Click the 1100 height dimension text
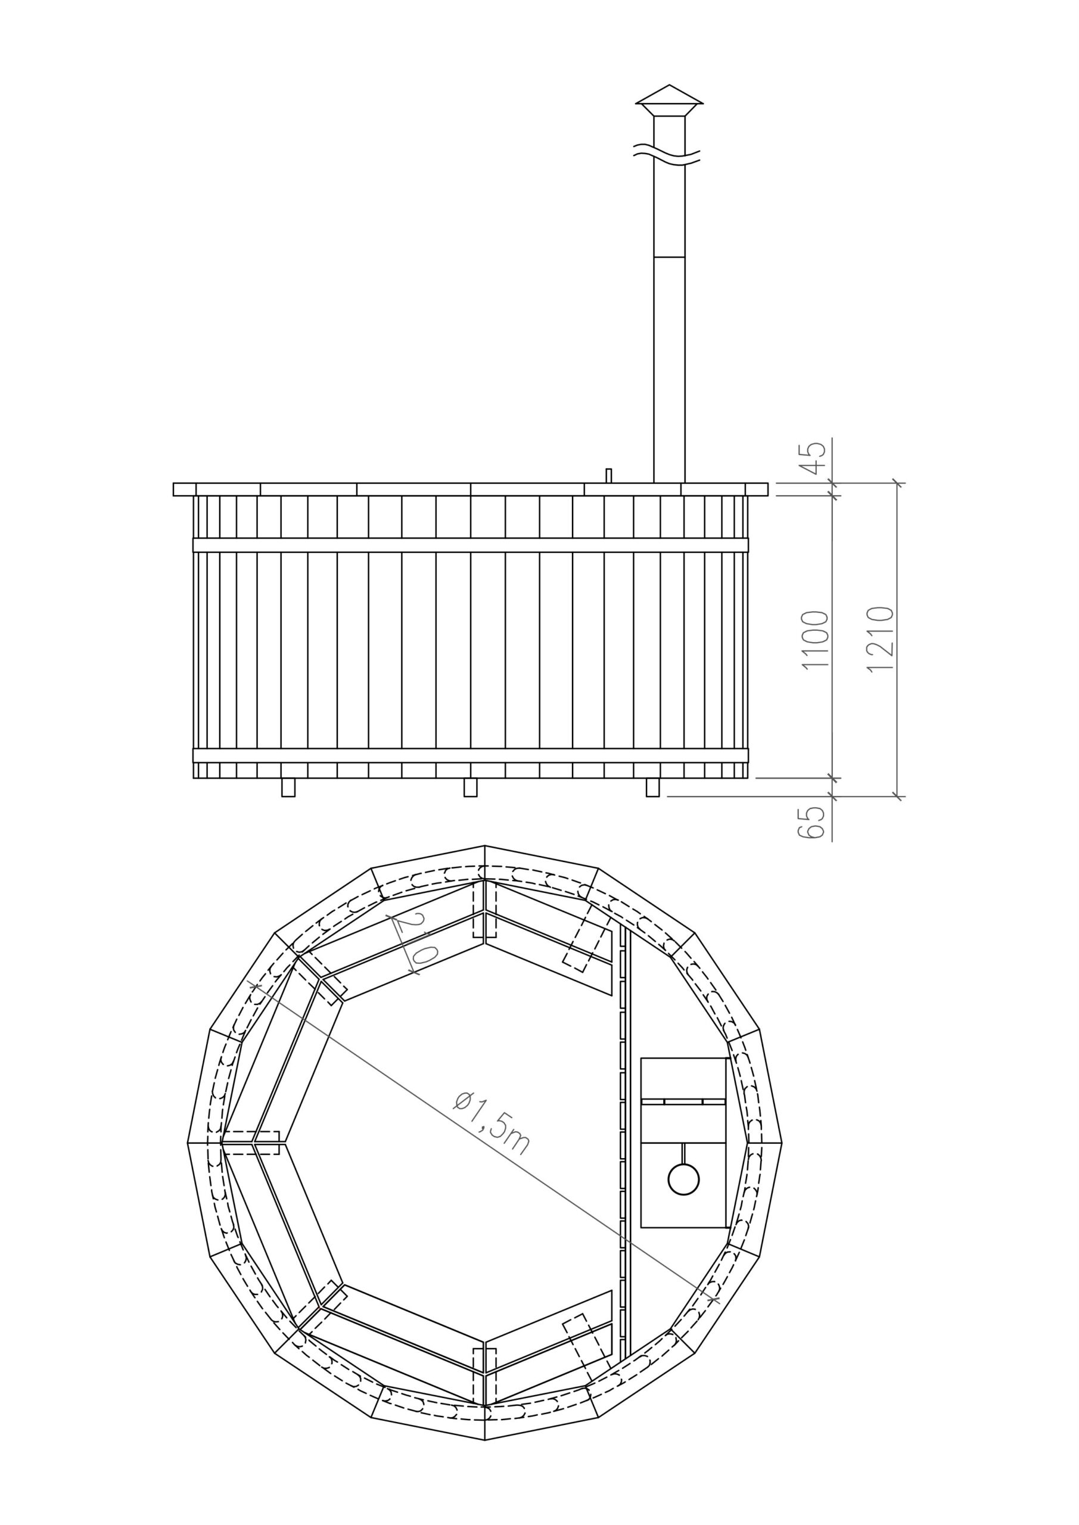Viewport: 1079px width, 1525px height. tap(816, 640)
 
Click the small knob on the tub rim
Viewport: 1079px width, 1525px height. tap(608, 475)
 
